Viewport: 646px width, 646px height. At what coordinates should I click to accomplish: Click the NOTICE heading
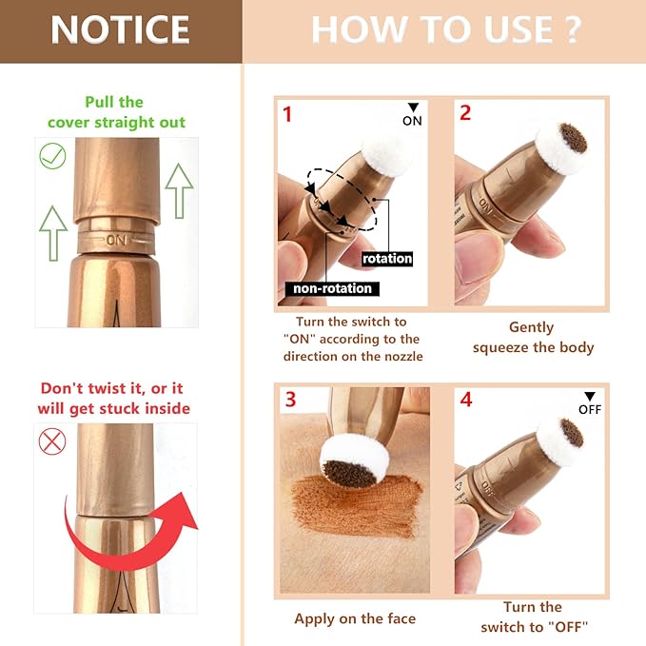[x=120, y=30]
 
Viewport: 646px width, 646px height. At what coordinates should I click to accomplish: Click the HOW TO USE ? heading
[x=445, y=30]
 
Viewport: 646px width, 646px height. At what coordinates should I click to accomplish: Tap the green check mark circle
[x=52, y=155]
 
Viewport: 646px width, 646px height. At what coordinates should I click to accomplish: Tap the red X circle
[x=52, y=440]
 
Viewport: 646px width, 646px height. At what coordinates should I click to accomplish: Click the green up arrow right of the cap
[x=179, y=189]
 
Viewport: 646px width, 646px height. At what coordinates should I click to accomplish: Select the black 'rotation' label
[x=387, y=258]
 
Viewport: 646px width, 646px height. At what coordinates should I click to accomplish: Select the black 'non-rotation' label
[x=330, y=288]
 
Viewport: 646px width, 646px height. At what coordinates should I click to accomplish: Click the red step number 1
[x=287, y=114]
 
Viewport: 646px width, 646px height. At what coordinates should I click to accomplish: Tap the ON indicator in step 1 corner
[x=412, y=115]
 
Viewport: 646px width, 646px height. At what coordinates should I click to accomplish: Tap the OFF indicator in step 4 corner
[x=590, y=403]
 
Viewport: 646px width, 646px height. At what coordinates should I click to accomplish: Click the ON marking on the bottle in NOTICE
[x=118, y=240]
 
